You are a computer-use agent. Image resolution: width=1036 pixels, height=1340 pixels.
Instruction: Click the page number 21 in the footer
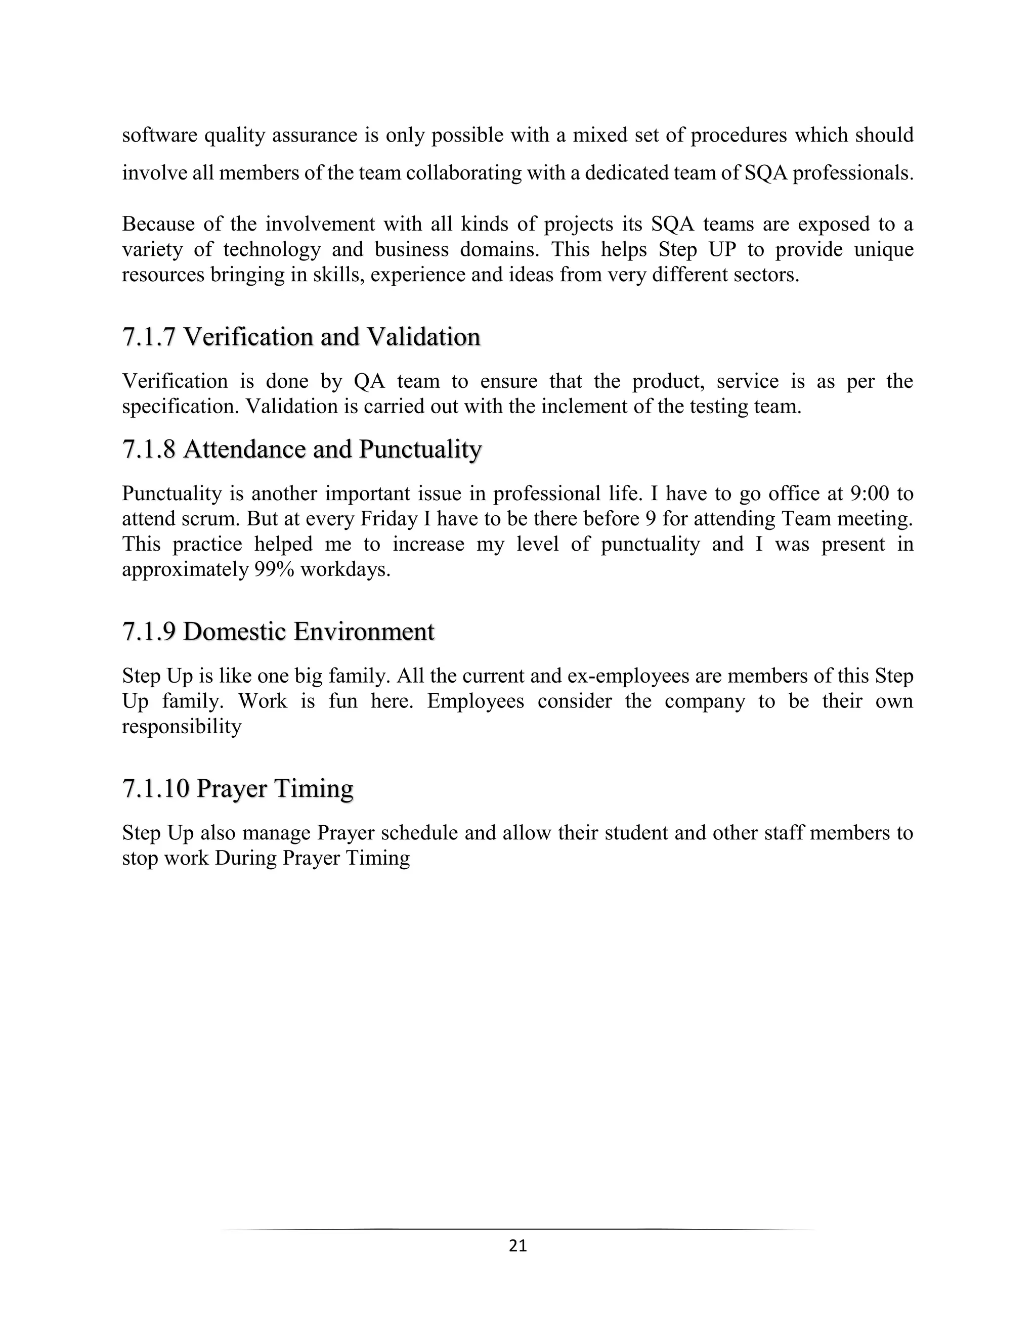click(518, 1245)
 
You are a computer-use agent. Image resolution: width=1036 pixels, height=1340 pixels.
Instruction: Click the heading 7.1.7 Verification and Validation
click(301, 337)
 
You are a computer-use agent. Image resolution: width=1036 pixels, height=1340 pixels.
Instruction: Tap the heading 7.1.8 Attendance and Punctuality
click(301, 449)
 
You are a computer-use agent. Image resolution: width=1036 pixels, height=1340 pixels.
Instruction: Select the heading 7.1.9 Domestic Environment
click(278, 632)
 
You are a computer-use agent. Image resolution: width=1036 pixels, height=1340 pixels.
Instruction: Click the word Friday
click(388, 519)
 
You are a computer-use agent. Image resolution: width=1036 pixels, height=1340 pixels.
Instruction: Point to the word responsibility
click(182, 727)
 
